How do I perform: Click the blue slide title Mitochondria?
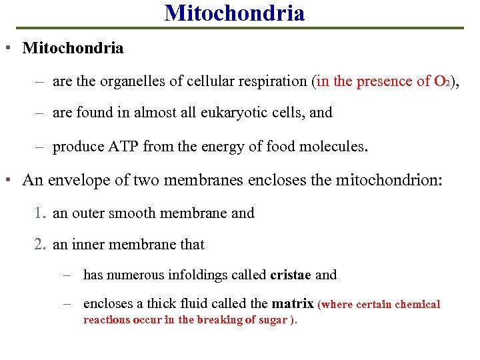coord(235,13)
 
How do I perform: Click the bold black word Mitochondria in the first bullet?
coord(73,48)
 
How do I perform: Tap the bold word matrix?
coord(292,304)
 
